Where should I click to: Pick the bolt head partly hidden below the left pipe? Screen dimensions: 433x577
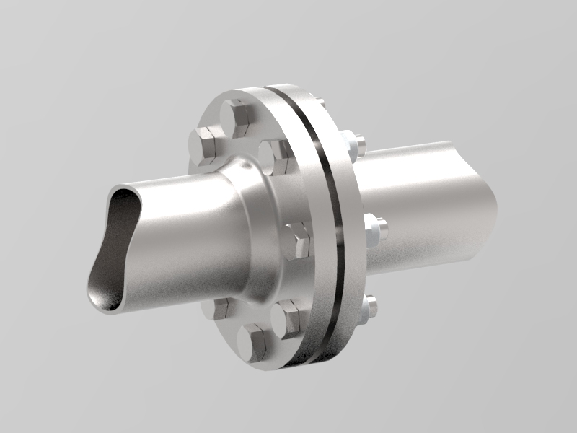219,309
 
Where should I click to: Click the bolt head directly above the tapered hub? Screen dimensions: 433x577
276,154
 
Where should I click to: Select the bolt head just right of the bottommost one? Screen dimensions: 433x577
290,318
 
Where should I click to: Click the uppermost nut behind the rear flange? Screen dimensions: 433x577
353,144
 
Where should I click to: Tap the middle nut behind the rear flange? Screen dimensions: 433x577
374,230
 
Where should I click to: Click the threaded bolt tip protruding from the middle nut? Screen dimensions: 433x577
383,230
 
